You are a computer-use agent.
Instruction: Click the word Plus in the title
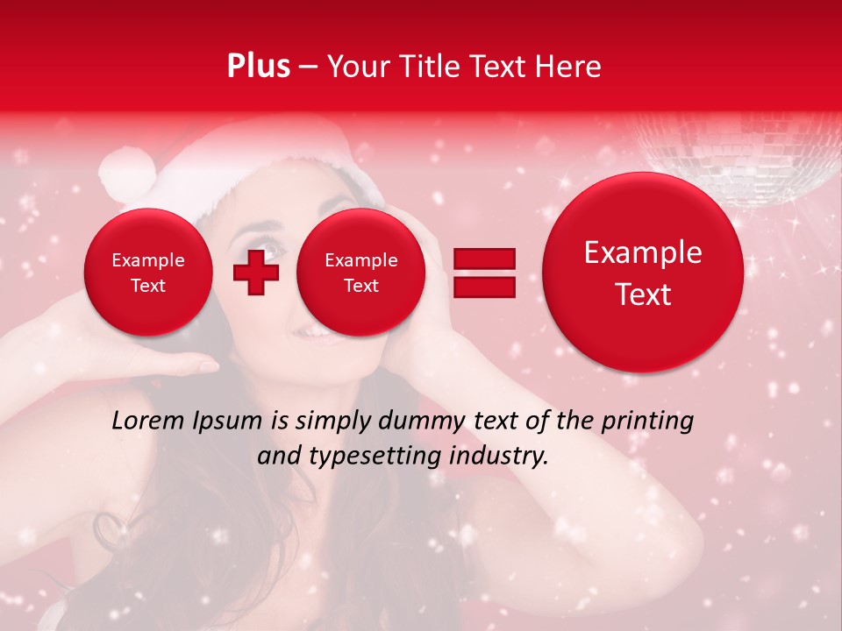258,67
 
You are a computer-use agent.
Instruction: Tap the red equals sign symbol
483,273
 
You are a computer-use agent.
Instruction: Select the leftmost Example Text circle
147,273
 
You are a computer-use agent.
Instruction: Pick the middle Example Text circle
360,273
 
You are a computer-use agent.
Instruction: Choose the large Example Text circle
643,273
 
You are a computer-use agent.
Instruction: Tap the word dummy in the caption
415,422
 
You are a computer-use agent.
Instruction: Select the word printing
647,422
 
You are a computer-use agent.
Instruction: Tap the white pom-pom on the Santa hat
125,173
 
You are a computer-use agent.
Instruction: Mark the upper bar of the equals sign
483,259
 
